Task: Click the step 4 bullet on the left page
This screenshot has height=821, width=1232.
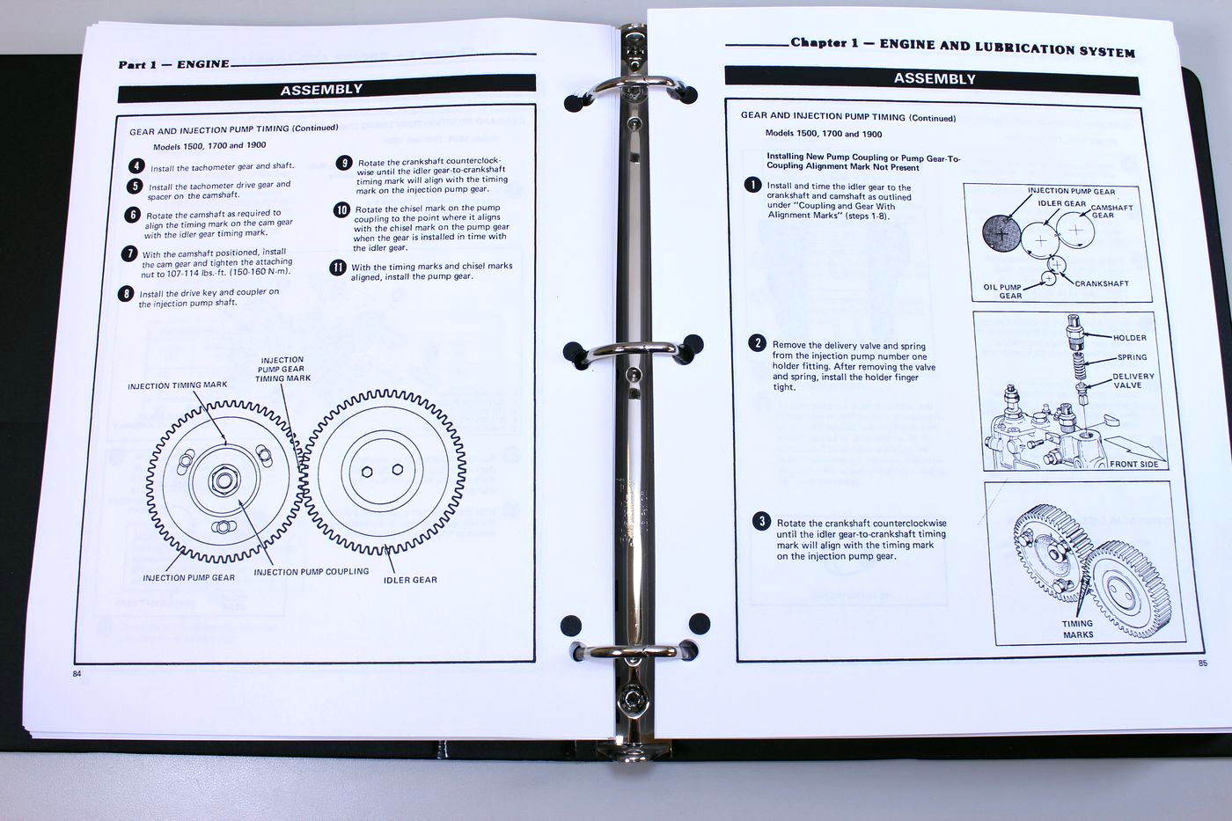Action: (136, 166)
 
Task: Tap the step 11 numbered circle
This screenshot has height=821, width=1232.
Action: (337, 268)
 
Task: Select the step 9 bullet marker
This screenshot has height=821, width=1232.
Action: (344, 163)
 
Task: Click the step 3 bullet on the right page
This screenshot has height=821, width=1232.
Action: (762, 521)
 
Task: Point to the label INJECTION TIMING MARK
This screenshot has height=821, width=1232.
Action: (177, 385)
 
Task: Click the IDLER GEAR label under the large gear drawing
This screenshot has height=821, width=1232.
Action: (410, 580)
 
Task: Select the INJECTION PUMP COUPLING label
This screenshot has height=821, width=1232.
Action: (312, 572)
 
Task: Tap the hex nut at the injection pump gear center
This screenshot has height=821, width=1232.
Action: (224, 480)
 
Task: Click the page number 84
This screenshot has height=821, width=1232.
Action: (77, 674)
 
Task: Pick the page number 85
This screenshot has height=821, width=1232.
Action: (1203, 663)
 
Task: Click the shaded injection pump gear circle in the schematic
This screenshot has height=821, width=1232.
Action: (1001, 233)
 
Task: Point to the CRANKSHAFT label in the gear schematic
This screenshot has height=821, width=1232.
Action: (1102, 283)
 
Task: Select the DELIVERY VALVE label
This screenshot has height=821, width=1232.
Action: (1133, 380)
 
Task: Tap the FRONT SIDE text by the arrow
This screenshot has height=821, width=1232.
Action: (1133, 464)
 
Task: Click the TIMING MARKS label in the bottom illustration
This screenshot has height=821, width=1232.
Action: (1077, 629)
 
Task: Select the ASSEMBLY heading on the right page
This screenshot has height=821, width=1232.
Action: (935, 78)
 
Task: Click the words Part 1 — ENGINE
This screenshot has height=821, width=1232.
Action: (174, 64)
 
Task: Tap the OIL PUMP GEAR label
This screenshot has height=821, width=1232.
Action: (1002, 291)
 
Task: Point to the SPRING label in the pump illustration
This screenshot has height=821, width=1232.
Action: (1132, 357)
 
